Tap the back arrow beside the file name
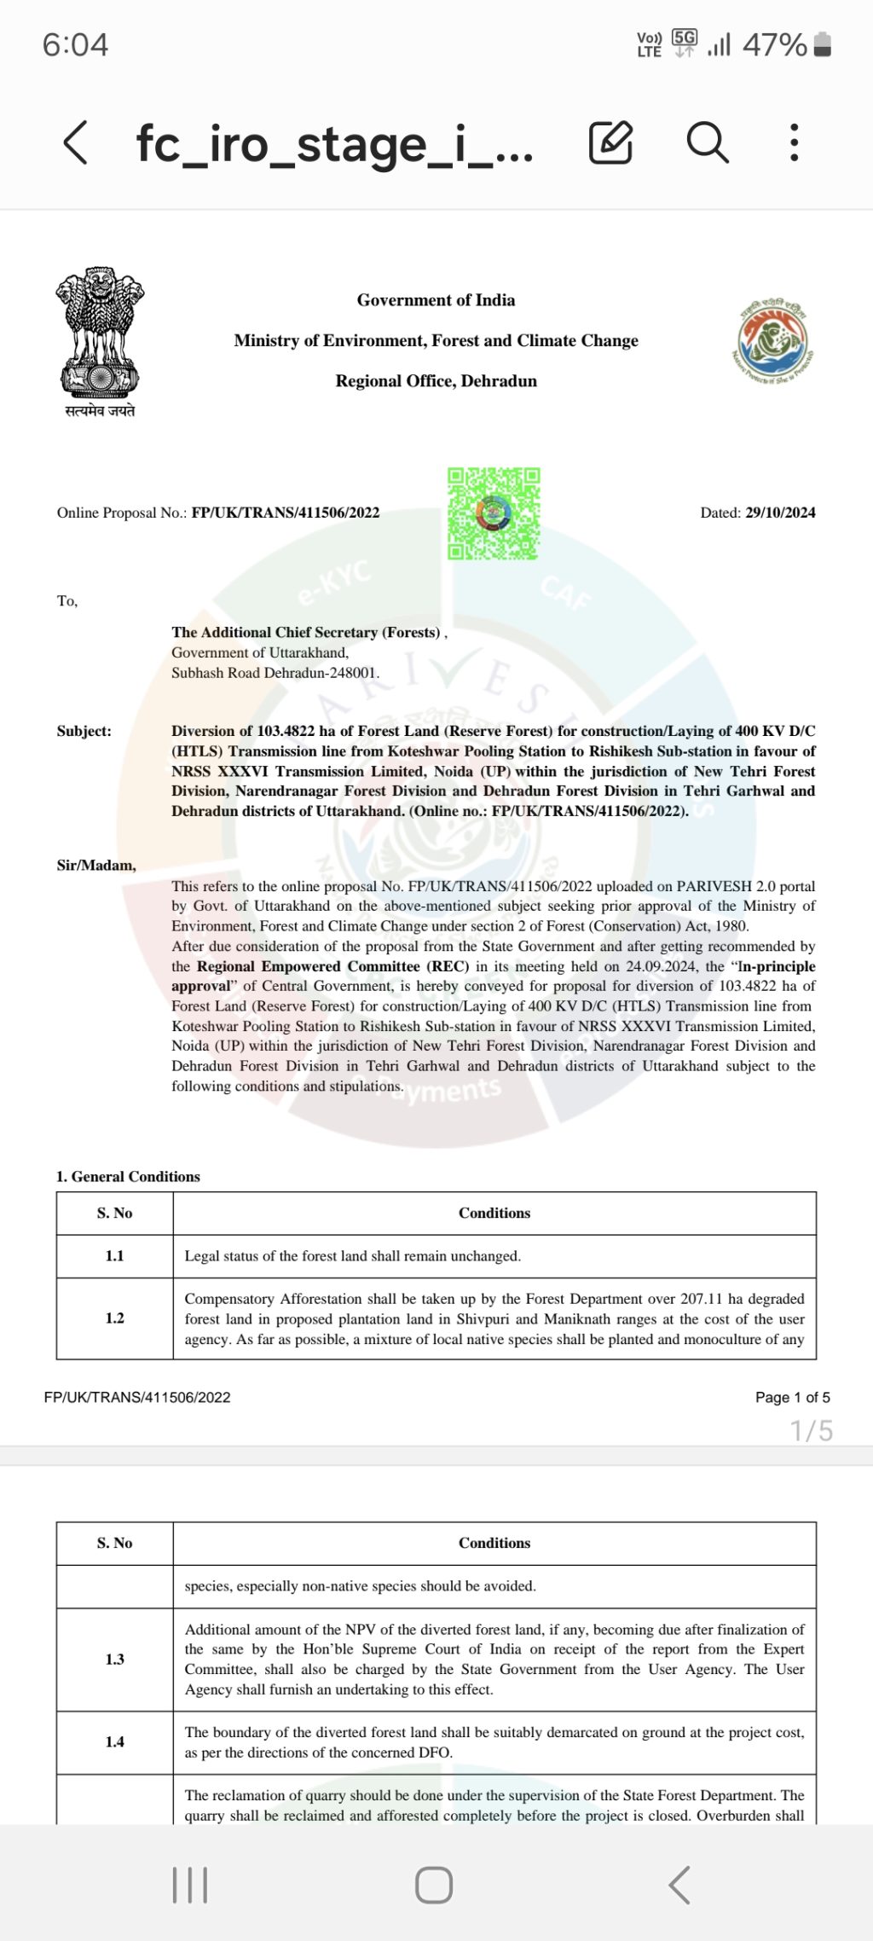pyautogui.click(x=75, y=142)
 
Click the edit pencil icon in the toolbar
pyautogui.click(x=610, y=142)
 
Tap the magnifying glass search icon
pyautogui.click(x=707, y=142)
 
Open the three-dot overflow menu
pyautogui.click(x=794, y=142)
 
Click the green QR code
pyautogui.click(x=494, y=513)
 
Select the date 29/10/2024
pyautogui.click(x=780, y=513)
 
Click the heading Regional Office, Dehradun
pyautogui.click(x=436, y=380)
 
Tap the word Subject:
pyautogui.click(x=84, y=731)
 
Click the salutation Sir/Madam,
pyautogui.click(x=96, y=865)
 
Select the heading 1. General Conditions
pyautogui.click(x=128, y=1176)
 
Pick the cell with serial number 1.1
pyautogui.click(x=114, y=1255)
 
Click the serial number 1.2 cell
pyautogui.click(x=114, y=1318)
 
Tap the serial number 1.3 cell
pyautogui.click(x=114, y=1659)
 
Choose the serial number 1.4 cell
pyautogui.click(x=114, y=1741)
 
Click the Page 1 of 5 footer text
pyautogui.click(x=792, y=1397)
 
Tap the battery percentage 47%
pyautogui.click(x=774, y=44)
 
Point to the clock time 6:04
pyautogui.click(x=75, y=44)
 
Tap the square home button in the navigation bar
pyautogui.click(x=434, y=1885)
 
